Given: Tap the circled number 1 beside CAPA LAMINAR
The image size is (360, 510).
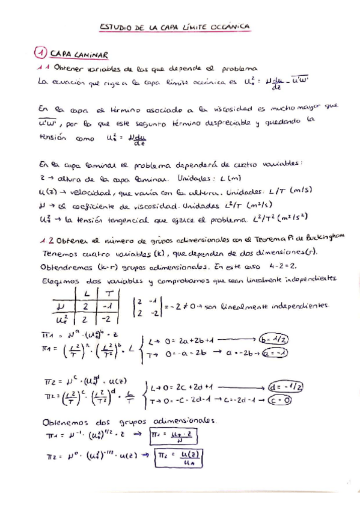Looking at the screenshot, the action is pos(41,53).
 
